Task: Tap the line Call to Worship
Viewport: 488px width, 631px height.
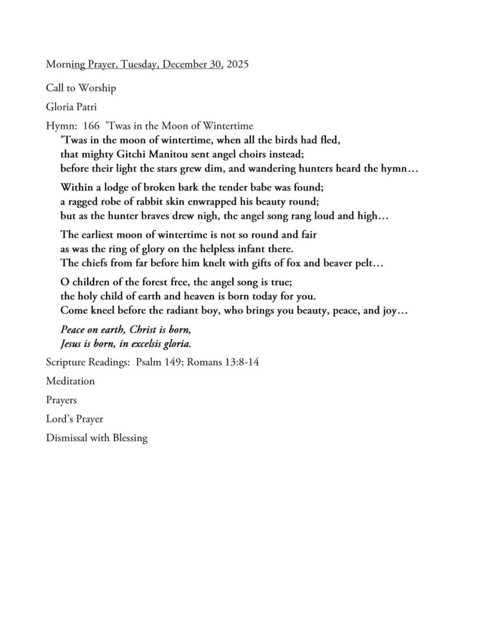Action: tap(81, 88)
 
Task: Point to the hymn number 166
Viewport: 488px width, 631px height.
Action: tap(91, 126)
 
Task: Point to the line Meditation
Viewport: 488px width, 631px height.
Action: tap(70, 381)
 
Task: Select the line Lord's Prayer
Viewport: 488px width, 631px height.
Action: tap(74, 419)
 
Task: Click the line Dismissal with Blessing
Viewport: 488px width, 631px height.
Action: tap(97, 439)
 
